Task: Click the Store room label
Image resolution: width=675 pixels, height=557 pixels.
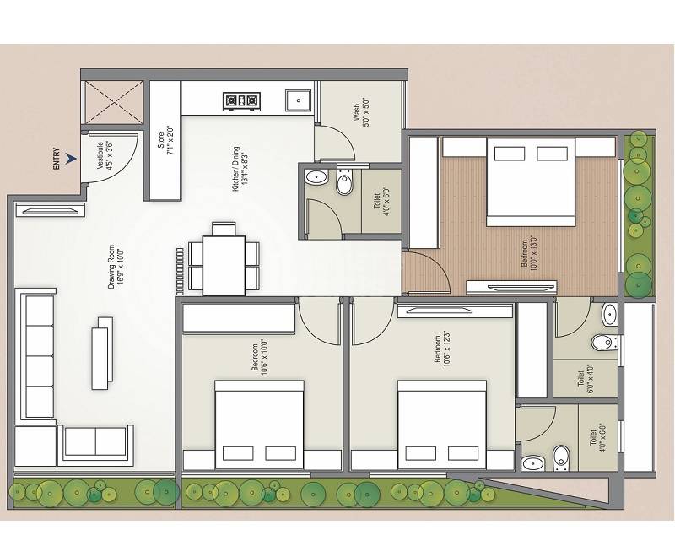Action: pyautogui.click(x=165, y=139)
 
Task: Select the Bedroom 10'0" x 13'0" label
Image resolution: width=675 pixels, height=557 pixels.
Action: pyautogui.click(x=528, y=252)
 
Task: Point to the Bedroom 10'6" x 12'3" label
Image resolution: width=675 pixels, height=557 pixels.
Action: pyautogui.click(x=440, y=349)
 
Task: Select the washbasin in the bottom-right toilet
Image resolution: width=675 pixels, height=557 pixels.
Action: pyautogui.click(x=532, y=462)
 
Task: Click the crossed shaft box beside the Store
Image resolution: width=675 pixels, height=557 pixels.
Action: pyautogui.click(x=111, y=103)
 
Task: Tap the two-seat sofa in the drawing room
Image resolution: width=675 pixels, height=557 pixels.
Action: pyautogui.click(x=95, y=441)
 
